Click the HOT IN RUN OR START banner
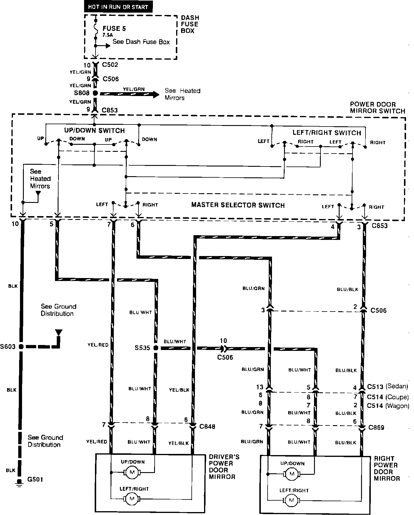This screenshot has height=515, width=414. click(x=118, y=7)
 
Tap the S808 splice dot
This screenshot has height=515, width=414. click(x=95, y=93)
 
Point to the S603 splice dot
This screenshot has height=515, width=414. click(x=21, y=346)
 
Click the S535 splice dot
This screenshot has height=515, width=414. click(x=156, y=348)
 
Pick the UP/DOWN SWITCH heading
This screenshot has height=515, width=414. click(x=94, y=131)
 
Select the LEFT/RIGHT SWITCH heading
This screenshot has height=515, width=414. click(x=327, y=133)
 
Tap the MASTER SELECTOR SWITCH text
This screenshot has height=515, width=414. click(x=238, y=205)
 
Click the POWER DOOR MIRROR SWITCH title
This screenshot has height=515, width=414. click(x=377, y=107)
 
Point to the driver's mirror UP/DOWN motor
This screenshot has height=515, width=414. click(x=132, y=472)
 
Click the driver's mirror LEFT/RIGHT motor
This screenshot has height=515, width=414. click(x=132, y=499)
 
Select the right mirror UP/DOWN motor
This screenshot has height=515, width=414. click(x=292, y=474)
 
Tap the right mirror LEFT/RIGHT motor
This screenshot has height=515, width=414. click(x=292, y=500)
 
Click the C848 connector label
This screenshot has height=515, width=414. click(x=207, y=426)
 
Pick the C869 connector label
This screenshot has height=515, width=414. click(x=376, y=428)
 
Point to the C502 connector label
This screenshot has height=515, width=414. click(x=110, y=65)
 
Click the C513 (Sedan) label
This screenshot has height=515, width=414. click(x=388, y=386)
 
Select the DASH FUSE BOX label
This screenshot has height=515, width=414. click(x=190, y=24)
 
